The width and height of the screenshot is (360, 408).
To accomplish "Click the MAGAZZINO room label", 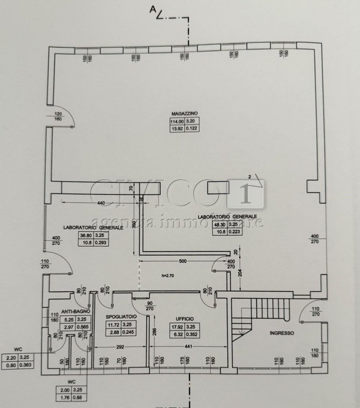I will point(181,113).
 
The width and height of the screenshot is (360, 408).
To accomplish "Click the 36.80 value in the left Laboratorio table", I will point(85,235).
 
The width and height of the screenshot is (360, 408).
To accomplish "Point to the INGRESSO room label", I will point(282,333).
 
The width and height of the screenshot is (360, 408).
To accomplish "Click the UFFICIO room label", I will point(185,318).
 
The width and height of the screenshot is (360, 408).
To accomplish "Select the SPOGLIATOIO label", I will point(121,317).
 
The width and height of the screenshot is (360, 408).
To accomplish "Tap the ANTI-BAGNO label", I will point(75,311).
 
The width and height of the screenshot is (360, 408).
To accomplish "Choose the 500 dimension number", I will point(182,261).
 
